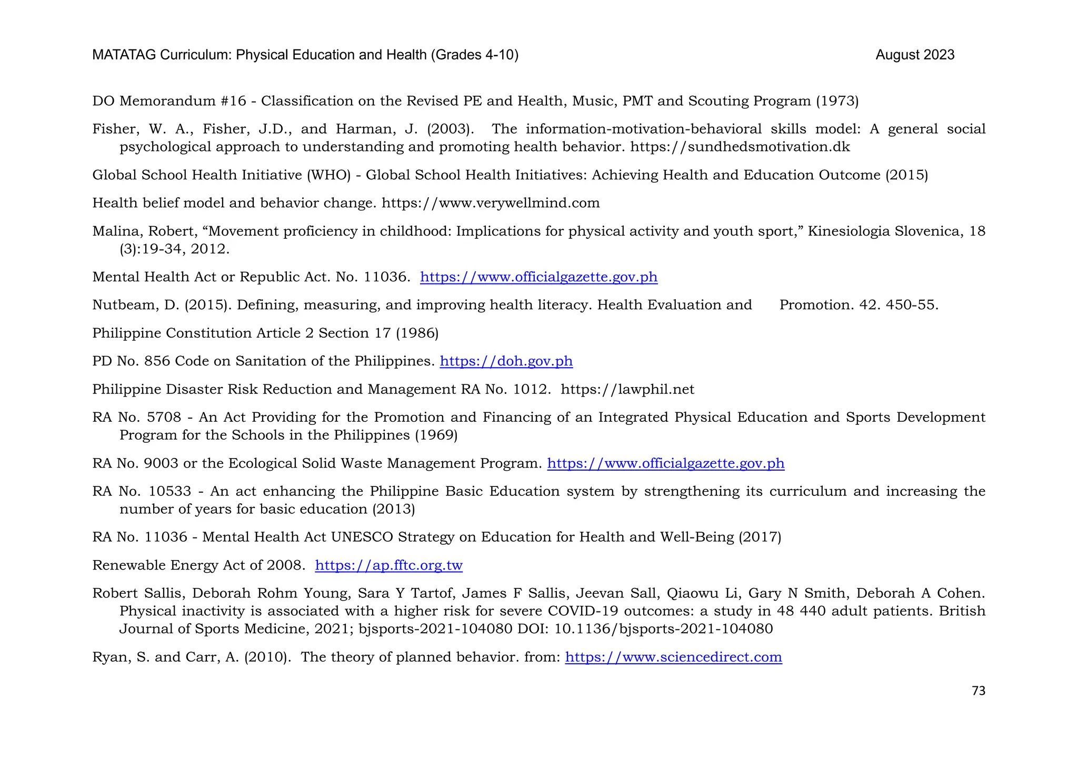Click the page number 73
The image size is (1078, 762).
pos(978,690)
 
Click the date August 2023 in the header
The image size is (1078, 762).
pos(915,55)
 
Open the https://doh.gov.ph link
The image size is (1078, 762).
pos(506,361)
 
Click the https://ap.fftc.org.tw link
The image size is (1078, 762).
pos(388,565)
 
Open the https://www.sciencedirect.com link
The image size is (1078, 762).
pos(673,657)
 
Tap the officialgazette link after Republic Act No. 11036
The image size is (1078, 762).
pos(538,277)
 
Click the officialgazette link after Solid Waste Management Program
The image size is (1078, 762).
pos(665,463)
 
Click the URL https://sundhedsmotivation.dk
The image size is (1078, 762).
pos(740,147)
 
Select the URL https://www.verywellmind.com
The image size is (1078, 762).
pos(491,203)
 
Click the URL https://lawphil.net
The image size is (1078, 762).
pos(627,390)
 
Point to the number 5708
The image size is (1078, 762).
pos(164,418)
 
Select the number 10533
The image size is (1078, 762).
pos(169,492)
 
